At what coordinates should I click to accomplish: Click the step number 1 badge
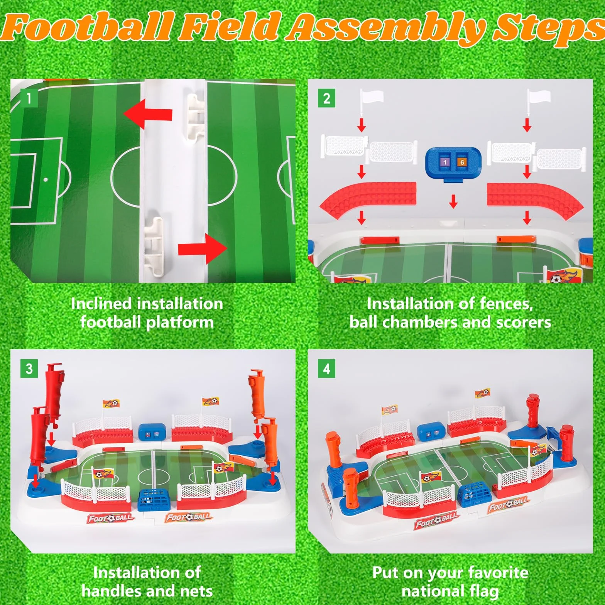tap(29, 99)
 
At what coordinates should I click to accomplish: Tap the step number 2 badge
tap(326, 99)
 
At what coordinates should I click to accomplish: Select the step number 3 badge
tap(29, 369)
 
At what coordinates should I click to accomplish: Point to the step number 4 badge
tap(326, 369)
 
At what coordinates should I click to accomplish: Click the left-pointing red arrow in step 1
tap(148, 114)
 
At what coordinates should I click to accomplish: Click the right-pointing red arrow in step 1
tap(203, 249)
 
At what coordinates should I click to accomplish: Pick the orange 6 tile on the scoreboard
tap(462, 162)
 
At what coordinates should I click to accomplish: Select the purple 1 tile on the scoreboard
tap(445, 162)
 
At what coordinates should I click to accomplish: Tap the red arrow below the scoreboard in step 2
tap(453, 201)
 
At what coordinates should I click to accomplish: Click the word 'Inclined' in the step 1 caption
tap(101, 304)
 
